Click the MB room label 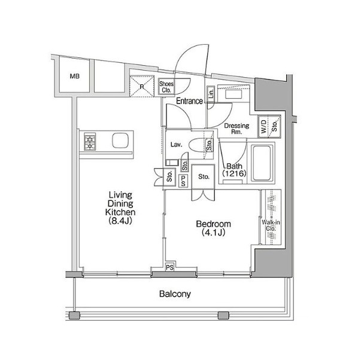coord(74,76)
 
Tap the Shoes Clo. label coord(166,87)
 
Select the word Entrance coord(189,101)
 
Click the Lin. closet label coord(211,94)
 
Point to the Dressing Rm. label coord(236,129)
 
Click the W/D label coord(263,127)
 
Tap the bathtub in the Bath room coord(262,163)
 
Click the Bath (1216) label coord(234,170)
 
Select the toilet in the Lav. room coord(198,145)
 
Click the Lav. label coord(176,145)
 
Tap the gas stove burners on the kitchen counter coord(90,141)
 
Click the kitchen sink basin coord(120,141)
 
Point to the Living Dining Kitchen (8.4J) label coord(120,208)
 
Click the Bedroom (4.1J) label coord(213,228)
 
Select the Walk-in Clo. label coord(271,225)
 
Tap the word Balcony coord(175,294)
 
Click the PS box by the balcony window coord(169,267)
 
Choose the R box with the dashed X coord(142,86)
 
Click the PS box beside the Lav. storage coord(183,181)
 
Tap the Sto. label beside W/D coord(274,126)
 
